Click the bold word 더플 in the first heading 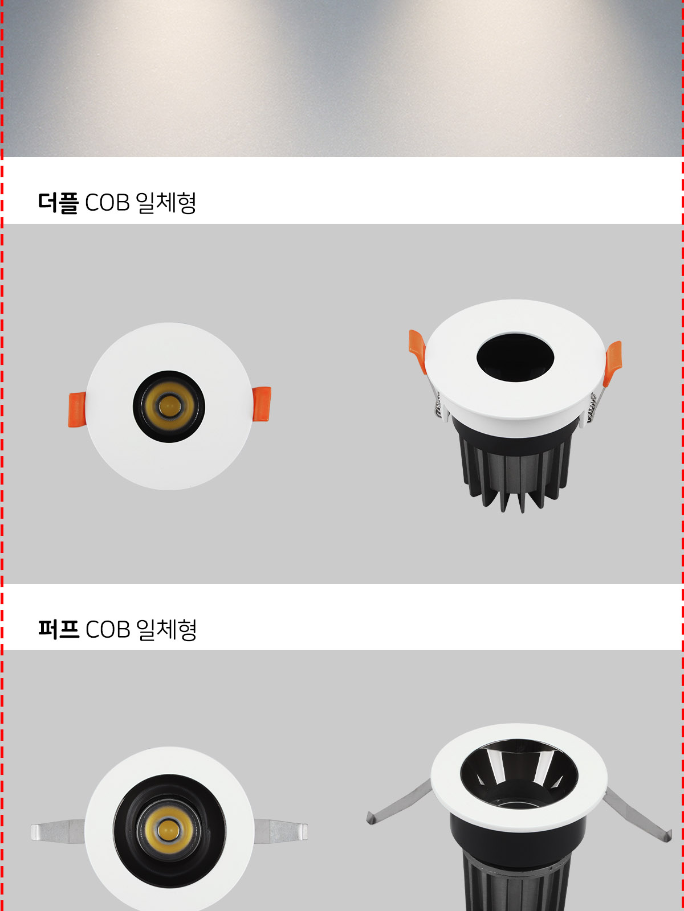58,203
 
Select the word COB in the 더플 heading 107,203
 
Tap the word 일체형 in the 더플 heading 166,203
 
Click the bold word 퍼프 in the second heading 58,630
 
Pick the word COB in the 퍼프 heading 108,630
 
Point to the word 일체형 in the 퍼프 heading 166,630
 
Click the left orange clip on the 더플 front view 78,409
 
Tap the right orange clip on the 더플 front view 262,404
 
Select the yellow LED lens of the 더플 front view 169,406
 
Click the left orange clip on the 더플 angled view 418,351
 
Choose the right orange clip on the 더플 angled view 613,363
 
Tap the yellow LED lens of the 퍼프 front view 169,831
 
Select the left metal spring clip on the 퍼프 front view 58,831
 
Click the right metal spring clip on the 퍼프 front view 281,831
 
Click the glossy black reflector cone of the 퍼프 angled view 519,775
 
